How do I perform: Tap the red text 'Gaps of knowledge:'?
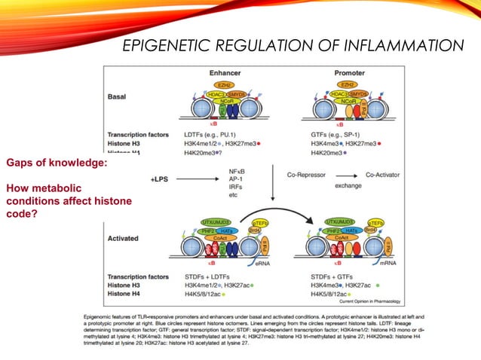click(57, 163)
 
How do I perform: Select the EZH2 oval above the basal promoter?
click(347, 85)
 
